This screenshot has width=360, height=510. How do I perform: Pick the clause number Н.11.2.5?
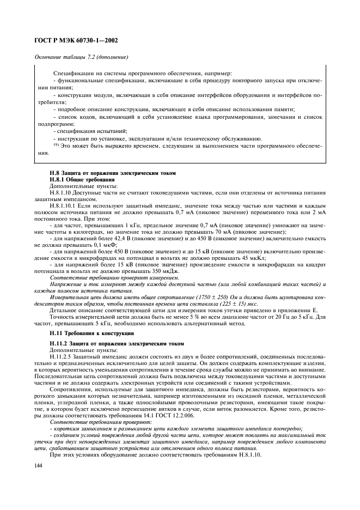pos(61,349)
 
